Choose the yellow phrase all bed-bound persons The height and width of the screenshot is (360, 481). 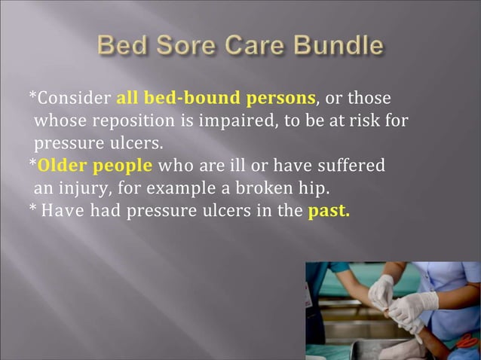click(x=216, y=99)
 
